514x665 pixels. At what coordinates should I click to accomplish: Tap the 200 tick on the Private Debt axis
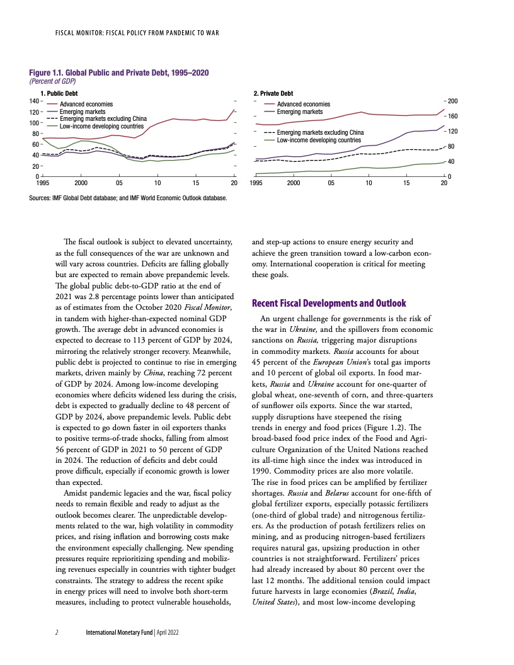pos(453,101)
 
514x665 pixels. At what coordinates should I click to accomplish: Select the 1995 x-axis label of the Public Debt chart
pos(42,183)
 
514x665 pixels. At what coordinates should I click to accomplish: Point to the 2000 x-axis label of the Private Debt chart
pos(293,183)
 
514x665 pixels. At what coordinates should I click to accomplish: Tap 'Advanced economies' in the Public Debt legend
pos(86,104)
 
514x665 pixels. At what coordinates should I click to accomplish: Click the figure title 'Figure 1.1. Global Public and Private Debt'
pos(120,73)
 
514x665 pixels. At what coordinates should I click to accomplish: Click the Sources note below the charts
pos(132,198)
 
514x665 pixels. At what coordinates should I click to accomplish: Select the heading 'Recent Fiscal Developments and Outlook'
pos(329,303)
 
